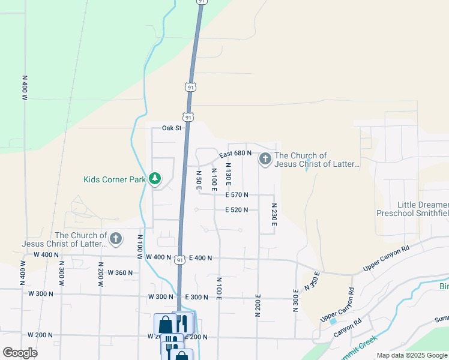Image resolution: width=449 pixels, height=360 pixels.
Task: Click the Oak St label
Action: [x=171, y=128]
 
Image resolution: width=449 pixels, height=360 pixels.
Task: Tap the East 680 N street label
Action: [x=235, y=154]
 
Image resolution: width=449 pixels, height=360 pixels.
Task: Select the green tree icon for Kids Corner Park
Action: [x=155, y=179]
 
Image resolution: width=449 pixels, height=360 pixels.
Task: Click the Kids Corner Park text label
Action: [x=115, y=179]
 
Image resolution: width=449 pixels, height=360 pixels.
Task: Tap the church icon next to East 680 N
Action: [x=265, y=159]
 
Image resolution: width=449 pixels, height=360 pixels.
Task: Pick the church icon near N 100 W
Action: [x=116, y=239]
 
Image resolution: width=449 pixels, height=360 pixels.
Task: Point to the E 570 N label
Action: [x=237, y=194]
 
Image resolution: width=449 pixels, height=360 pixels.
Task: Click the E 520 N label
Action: [x=237, y=210]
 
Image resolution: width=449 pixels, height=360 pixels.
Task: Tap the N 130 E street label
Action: [x=228, y=172]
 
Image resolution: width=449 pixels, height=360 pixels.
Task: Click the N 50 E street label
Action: [x=199, y=180]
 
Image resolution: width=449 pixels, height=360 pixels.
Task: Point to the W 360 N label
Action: [x=120, y=273]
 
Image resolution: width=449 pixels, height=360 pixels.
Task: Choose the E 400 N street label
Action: [x=200, y=258]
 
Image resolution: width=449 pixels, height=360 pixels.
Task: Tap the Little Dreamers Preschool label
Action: [x=412, y=208]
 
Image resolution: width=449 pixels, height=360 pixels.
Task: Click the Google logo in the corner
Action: [x=20, y=352]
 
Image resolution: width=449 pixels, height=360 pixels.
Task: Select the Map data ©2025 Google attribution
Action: [x=412, y=355]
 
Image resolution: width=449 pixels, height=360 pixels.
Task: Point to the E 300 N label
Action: [x=196, y=298]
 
